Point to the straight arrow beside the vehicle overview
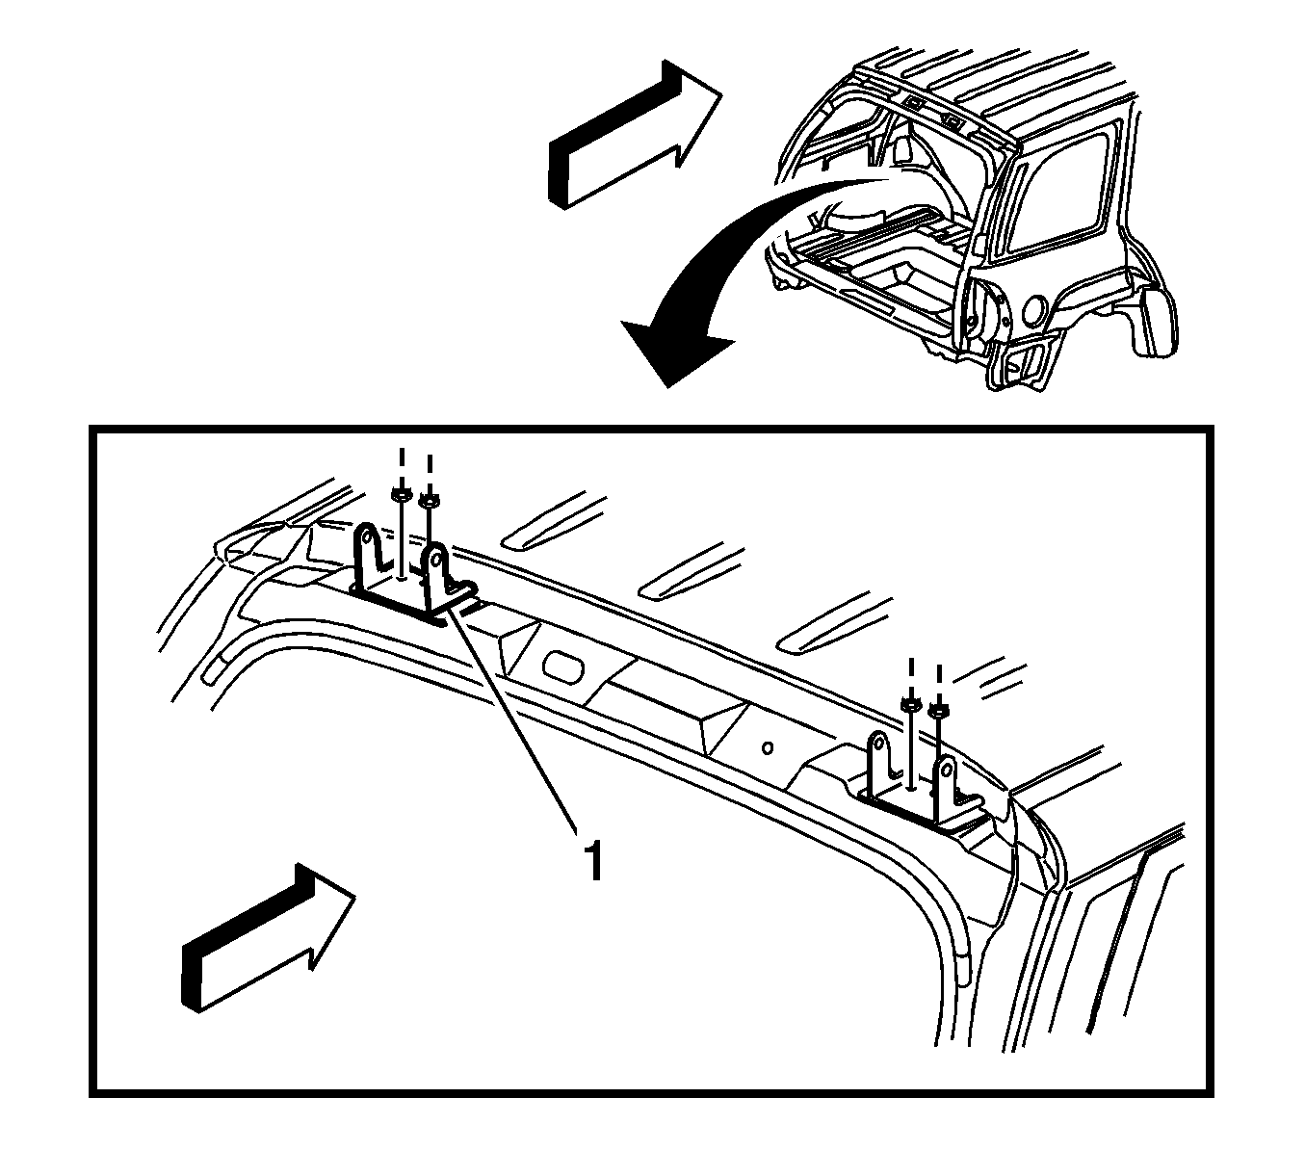point(635,134)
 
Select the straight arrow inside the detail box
point(268,938)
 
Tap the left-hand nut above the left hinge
point(401,495)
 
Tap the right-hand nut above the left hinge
point(429,501)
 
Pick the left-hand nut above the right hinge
point(910,704)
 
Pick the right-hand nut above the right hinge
point(938,710)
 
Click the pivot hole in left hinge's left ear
point(368,538)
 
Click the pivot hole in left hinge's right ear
point(434,559)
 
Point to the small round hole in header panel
point(768,747)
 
